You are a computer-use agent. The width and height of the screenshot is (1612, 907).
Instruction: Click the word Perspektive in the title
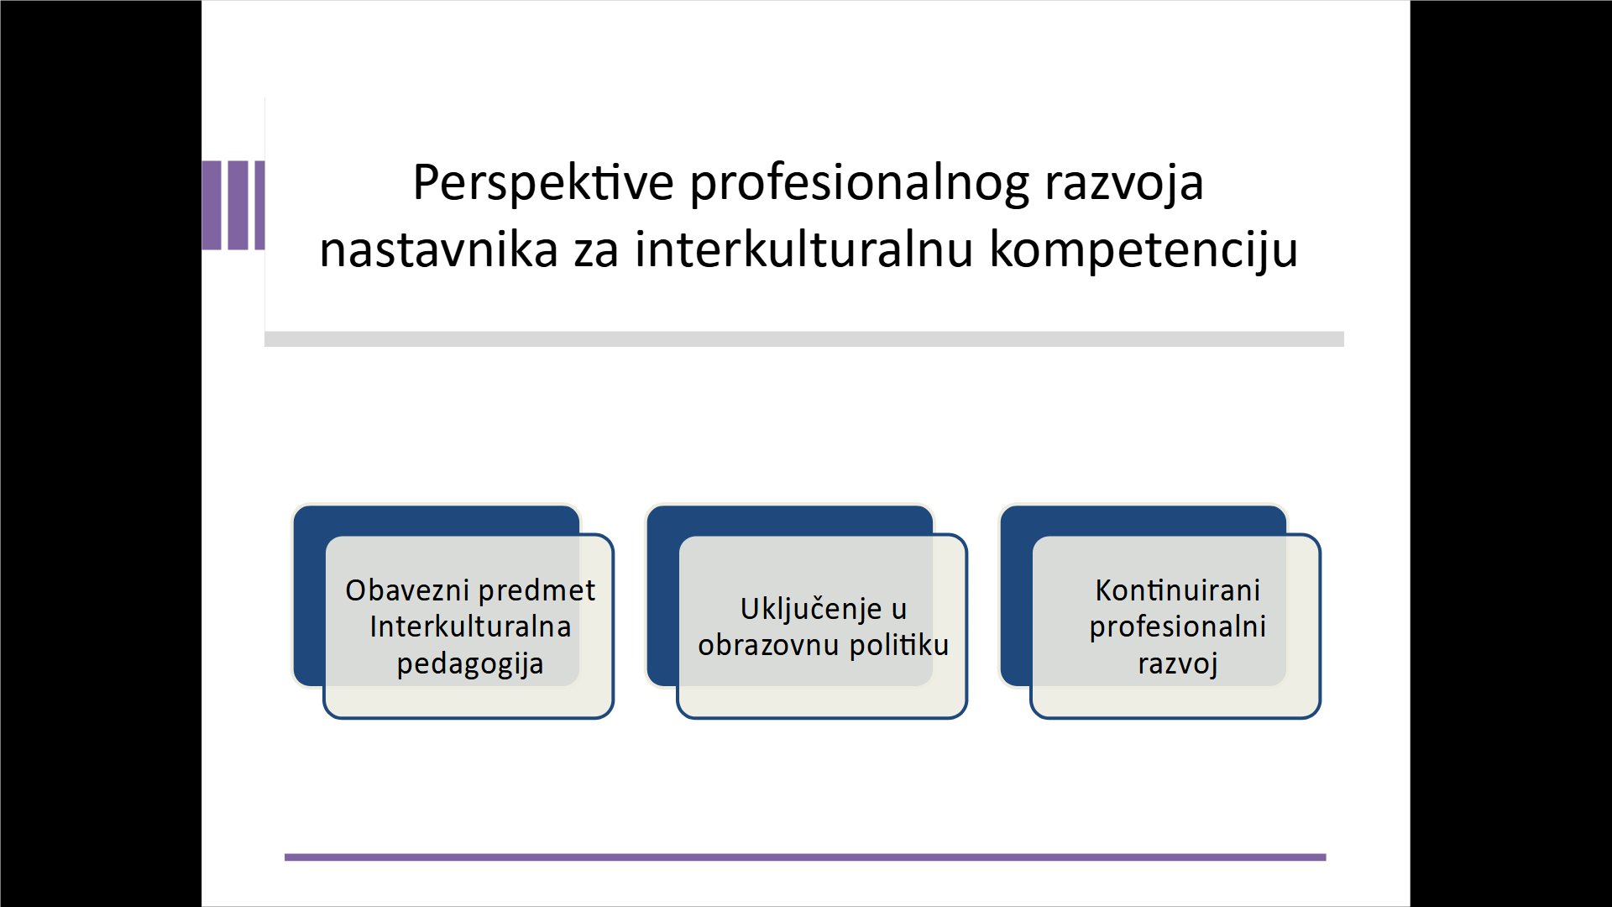[x=543, y=183]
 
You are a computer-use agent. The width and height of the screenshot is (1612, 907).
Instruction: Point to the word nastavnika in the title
[x=438, y=250]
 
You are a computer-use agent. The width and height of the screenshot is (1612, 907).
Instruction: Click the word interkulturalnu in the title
[x=804, y=250]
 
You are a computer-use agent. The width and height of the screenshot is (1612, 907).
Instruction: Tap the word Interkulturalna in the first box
[x=470, y=627]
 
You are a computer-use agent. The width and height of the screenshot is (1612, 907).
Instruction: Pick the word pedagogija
[x=470, y=665]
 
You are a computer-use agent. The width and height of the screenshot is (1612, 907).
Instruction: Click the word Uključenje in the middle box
[x=811, y=610]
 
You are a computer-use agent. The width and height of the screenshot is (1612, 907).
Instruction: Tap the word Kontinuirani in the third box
[x=1177, y=590]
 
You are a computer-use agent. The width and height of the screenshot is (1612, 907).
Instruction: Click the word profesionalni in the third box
[x=1177, y=628]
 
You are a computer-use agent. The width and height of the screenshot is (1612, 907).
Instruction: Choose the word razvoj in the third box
[x=1177, y=664]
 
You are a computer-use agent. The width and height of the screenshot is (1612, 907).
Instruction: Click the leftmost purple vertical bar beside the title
[x=212, y=206]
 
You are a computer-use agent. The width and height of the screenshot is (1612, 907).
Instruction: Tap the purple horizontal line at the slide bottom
[x=805, y=857]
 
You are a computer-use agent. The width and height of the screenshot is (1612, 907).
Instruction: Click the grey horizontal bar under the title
[x=804, y=339]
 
